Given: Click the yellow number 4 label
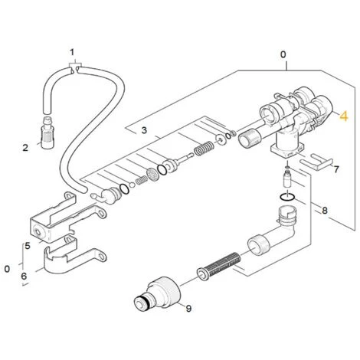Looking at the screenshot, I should (344, 116).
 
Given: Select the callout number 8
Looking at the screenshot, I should (325, 209).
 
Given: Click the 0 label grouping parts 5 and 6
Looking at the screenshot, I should (7, 269).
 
